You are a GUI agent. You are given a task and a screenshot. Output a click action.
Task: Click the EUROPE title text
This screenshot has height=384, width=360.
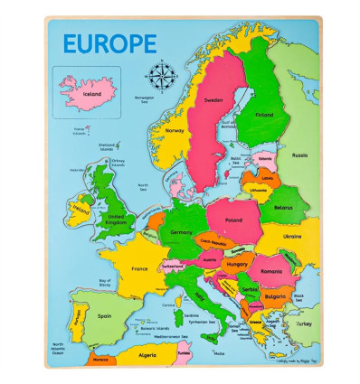pos(109,43)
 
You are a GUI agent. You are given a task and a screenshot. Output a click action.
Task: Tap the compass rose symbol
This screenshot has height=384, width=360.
pos(162,72)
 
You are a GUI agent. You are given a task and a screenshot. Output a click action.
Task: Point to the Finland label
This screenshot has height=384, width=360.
pos(263,116)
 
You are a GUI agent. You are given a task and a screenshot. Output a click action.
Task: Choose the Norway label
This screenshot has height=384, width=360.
pos(175,130)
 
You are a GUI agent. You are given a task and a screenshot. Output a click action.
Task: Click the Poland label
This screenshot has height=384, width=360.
pos(233,220)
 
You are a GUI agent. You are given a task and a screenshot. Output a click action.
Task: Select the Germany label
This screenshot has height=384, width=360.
pos(181,232)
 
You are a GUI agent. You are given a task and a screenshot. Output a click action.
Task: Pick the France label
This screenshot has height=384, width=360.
pos(139,268)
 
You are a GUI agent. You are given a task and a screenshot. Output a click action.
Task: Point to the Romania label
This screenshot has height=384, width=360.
pos(272,270)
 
